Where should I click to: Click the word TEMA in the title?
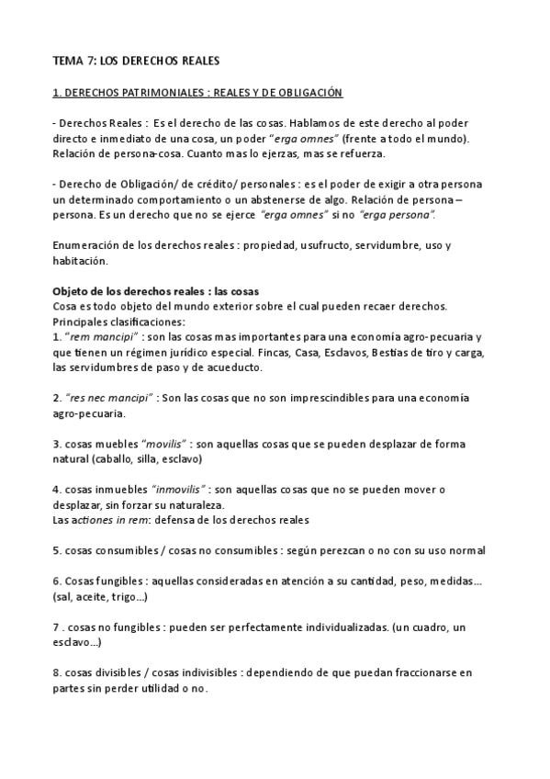tap(69, 61)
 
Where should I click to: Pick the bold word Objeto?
tap(73, 291)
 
